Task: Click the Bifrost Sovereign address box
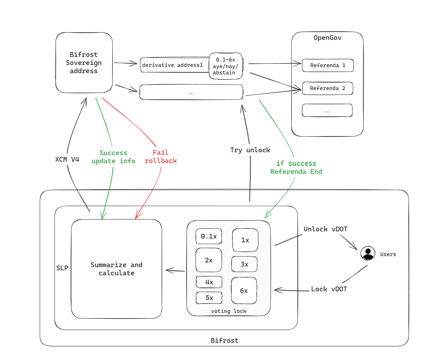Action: pyautogui.click(x=84, y=63)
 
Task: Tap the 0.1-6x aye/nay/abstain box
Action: pyautogui.click(x=226, y=66)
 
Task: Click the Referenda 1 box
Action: pyautogui.click(x=328, y=65)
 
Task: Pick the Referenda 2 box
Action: pyautogui.click(x=328, y=88)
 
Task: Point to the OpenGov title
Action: pyautogui.click(x=327, y=38)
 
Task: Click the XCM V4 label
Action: pyautogui.click(x=67, y=159)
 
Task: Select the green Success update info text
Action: pyautogui.click(x=113, y=157)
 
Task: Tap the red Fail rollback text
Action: pyautogui.click(x=161, y=157)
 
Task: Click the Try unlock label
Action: pyautogui.click(x=250, y=150)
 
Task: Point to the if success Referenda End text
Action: pyautogui.click(x=296, y=167)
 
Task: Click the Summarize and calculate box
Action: pyautogui.click(x=116, y=269)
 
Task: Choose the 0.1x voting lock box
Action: pyautogui.click(x=209, y=236)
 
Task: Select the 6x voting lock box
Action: pyautogui.click(x=244, y=291)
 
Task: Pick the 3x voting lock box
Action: pyautogui.click(x=244, y=264)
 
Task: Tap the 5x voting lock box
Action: pyautogui.click(x=209, y=298)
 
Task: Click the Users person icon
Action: pyautogui.click(x=368, y=253)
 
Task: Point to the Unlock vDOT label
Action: pyautogui.click(x=325, y=229)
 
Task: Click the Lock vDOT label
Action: pyautogui.click(x=329, y=289)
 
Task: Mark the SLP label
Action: pyautogui.click(x=62, y=268)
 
